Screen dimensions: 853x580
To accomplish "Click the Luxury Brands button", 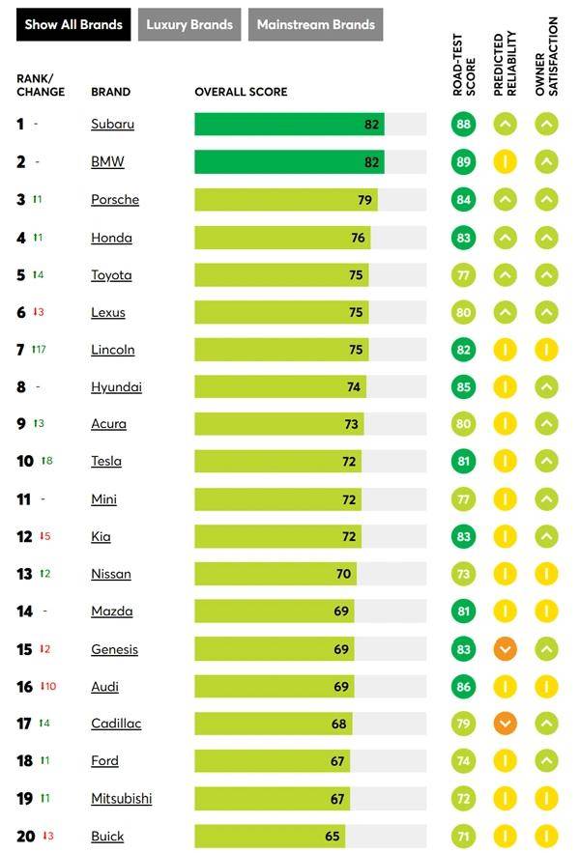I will click(x=189, y=25).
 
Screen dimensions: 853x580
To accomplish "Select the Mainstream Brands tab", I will click(x=315, y=25).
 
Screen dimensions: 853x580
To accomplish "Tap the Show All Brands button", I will click(x=73, y=25).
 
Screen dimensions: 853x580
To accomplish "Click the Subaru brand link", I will click(x=112, y=125).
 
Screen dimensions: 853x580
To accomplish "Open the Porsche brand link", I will click(x=115, y=200).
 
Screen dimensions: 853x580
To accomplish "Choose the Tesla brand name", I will click(x=106, y=461).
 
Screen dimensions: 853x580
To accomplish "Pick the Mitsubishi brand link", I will click(x=121, y=799).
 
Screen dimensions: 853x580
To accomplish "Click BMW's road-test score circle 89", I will click(x=464, y=162).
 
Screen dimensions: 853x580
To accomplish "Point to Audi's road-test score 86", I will click(x=464, y=687).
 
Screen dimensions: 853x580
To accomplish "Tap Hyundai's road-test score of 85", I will click(x=464, y=387).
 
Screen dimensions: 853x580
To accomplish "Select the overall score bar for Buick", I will click(x=270, y=837).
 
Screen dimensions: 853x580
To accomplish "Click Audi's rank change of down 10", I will click(x=48, y=687).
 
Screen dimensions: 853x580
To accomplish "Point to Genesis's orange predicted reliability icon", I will click(x=506, y=649).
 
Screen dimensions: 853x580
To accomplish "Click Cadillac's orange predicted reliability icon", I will click(x=506, y=724).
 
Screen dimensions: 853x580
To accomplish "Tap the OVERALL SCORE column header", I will click(x=241, y=93).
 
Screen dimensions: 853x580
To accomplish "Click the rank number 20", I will click(x=25, y=837).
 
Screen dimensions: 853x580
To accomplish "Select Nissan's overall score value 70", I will click(x=343, y=574).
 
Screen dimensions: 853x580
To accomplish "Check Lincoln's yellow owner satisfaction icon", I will click(x=547, y=350).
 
